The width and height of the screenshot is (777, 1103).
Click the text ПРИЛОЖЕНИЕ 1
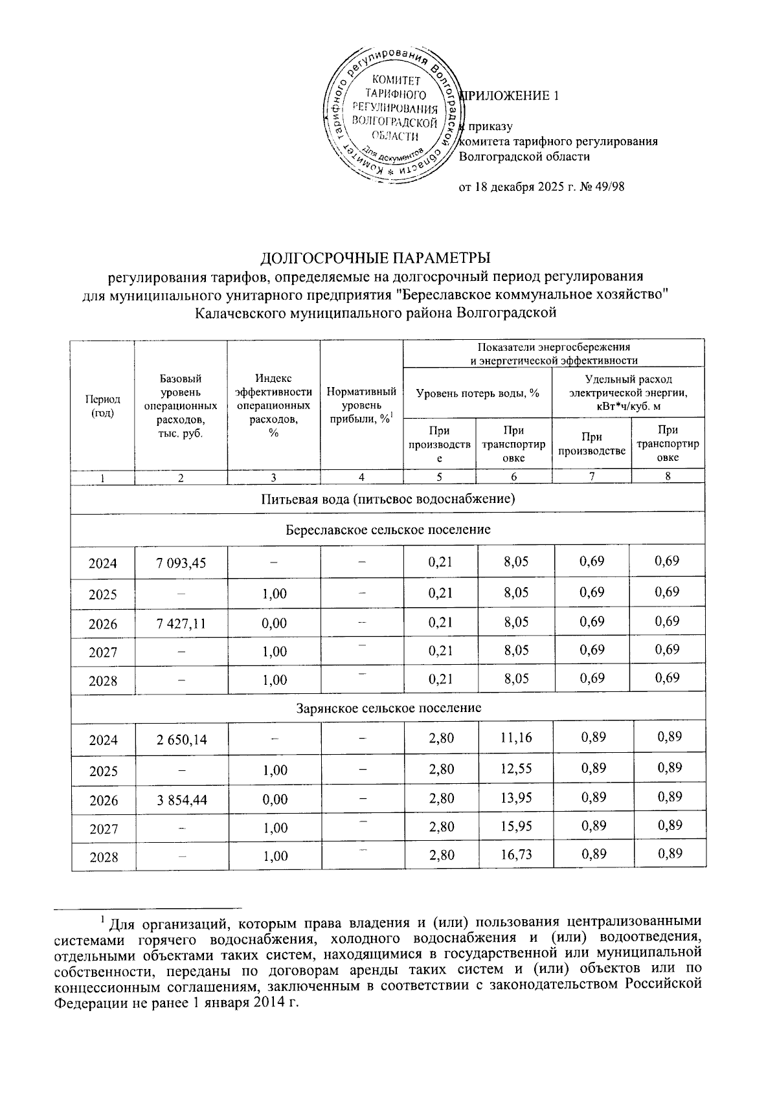pos(509,96)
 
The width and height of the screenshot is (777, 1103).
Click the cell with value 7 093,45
pos(181,563)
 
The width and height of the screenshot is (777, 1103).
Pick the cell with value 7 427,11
pos(181,624)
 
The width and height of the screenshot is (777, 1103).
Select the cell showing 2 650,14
pos(181,739)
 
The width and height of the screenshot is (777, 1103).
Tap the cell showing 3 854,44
pos(181,800)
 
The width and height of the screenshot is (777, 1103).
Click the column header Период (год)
pos(102,406)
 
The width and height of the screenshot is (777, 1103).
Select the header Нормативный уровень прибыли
pos(361,405)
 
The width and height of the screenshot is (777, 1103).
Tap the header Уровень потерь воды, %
pos(477,392)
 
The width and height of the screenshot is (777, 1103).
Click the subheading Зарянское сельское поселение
pos(388,708)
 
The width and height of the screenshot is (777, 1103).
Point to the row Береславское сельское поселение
pos(388,530)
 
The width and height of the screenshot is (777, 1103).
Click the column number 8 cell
pos(668,477)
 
